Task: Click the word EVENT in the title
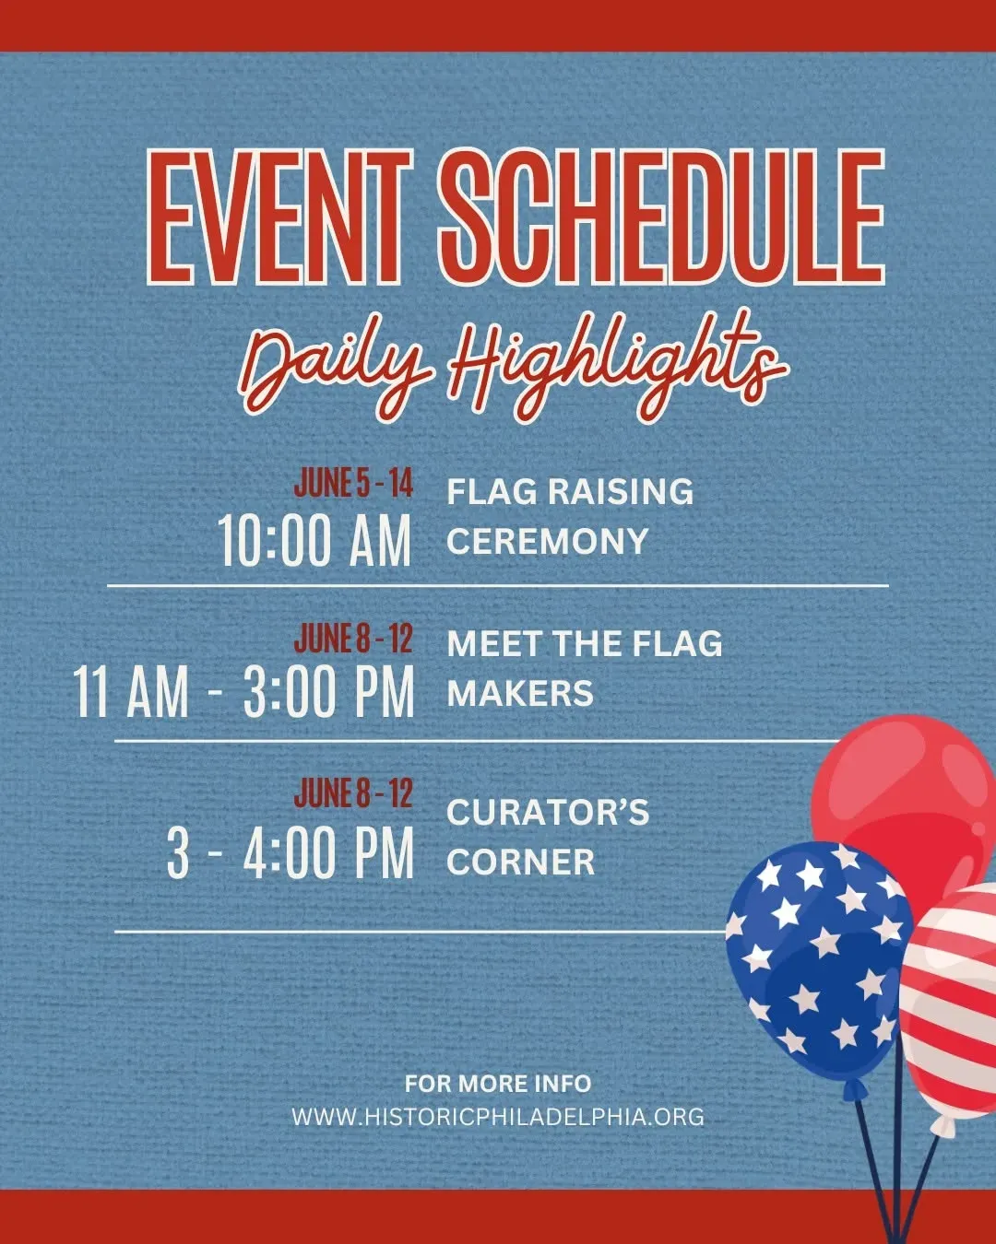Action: point(280,217)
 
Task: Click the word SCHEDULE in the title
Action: point(661,217)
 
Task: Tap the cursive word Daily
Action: point(336,367)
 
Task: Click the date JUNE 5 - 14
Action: point(353,484)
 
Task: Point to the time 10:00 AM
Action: point(314,542)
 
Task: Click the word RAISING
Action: point(621,492)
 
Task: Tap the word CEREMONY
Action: point(547,542)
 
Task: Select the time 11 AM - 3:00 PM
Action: point(244,691)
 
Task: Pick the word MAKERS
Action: point(520,693)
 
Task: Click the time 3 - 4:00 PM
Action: point(290,852)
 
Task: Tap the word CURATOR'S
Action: point(548,812)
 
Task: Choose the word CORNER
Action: point(520,862)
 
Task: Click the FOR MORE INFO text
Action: point(498,1084)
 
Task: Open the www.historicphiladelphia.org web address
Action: point(498,1117)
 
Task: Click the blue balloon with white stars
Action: point(817,962)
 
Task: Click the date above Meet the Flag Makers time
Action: point(353,639)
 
